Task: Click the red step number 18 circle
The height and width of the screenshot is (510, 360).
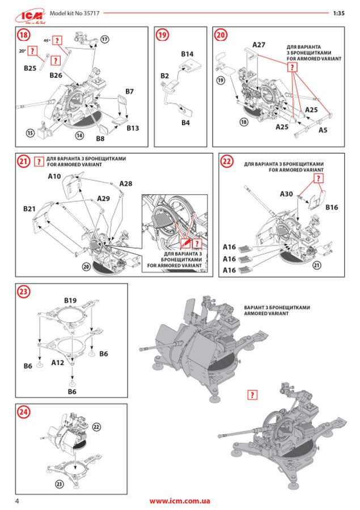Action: pyautogui.click(x=23, y=35)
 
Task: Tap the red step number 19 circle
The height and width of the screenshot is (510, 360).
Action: pyautogui.click(x=163, y=35)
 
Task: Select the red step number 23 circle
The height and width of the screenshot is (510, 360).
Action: pyautogui.click(x=23, y=292)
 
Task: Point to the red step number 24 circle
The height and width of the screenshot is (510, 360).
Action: pyautogui.click(x=23, y=413)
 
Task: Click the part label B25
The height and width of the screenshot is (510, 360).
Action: pyautogui.click(x=31, y=68)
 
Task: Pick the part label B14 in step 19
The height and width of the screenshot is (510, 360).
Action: pyautogui.click(x=188, y=54)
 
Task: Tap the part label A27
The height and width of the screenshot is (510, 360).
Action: pyautogui.click(x=259, y=44)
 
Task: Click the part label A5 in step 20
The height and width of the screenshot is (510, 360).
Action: pyautogui.click(x=323, y=130)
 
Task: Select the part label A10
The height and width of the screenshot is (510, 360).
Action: pyautogui.click(x=54, y=177)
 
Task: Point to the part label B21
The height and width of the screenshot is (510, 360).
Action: pyautogui.click(x=30, y=209)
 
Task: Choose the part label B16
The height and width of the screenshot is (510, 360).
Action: pyautogui.click(x=332, y=207)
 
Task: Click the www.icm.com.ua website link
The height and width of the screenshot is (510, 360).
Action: pyautogui.click(x=180, y=501)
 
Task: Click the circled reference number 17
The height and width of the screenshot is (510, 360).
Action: pyautogui.click(x=104, y=39)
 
